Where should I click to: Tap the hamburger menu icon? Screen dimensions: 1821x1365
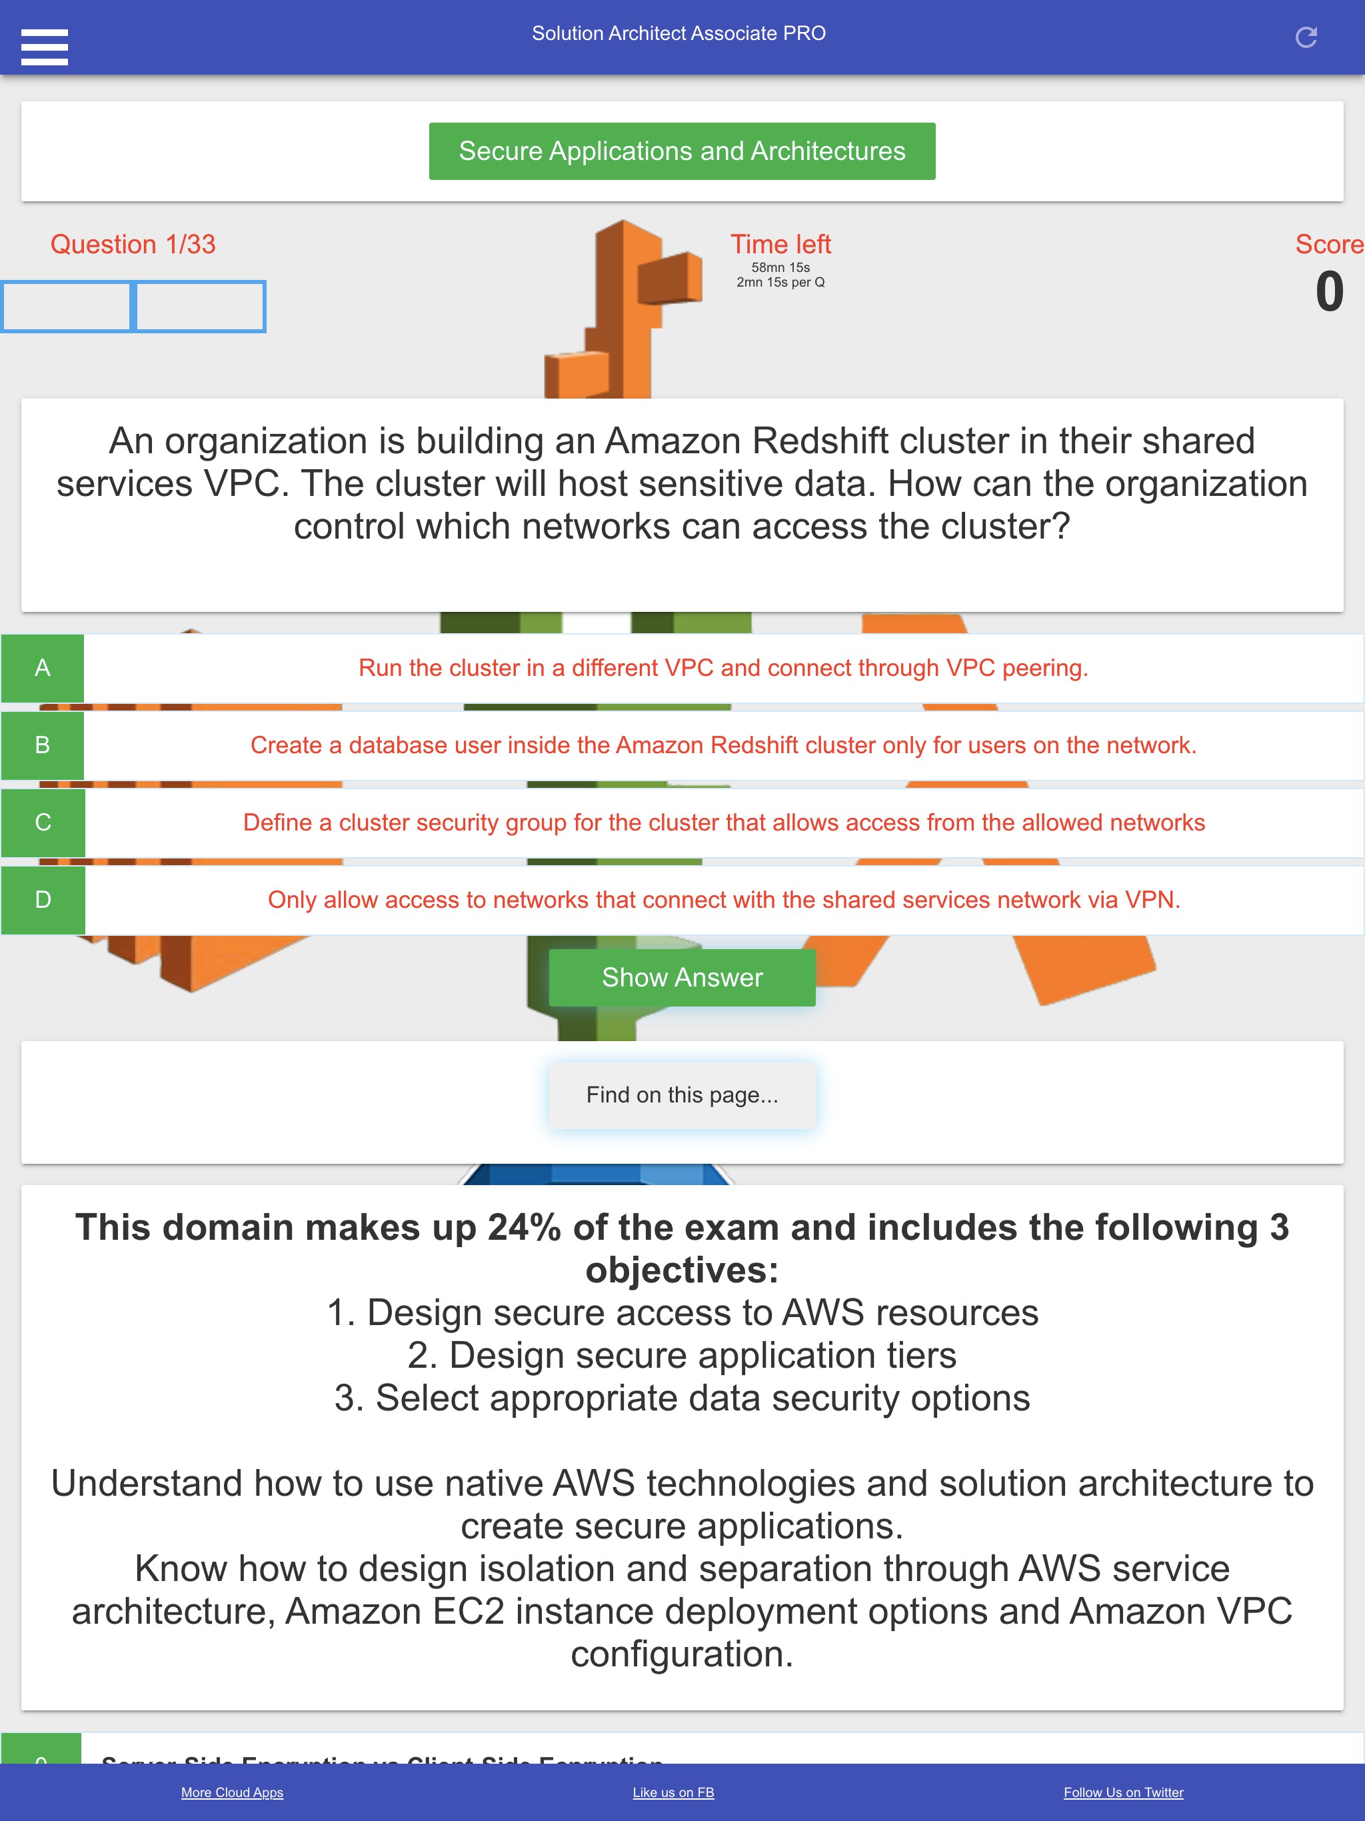pyautogui.click(x=45, y=47)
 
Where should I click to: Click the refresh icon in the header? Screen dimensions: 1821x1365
pyautogui.click(x=1306, y=37)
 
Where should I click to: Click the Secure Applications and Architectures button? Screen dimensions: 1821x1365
pyautogui.click(x=682, y=151)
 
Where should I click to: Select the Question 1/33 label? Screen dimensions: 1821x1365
pyautogui.click(x=133, y=245)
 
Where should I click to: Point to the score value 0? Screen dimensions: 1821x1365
pyautogui.click(x=1329, y=292)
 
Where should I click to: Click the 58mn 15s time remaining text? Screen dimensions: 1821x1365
pyautogui.click(x=780, y=267)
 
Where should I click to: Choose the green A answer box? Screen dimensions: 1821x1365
pyautogui.click(x=43, y=668)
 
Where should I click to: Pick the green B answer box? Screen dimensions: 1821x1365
pyautogui.click(x=43, y=745)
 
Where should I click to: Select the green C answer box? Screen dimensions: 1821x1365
pyautogui.click(x=43, y=823)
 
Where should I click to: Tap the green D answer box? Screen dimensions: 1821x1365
pyautogui.click(x=43, y=900)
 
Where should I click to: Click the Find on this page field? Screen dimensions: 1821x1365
pyautogui.click(x=682, y=1095)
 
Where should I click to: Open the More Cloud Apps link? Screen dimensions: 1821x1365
pyautogui.click(x=232, y=1792)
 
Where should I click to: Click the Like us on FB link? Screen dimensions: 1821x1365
pyautogui.click(x=673, y=1792)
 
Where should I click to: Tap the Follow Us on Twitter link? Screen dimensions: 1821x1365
pyautogui.click(x=1123, y=1792)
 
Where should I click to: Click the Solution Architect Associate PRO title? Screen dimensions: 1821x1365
pyautogui.click(x=679, y=34)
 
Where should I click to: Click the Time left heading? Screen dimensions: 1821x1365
pyautogui.click(x=780, y=245)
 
